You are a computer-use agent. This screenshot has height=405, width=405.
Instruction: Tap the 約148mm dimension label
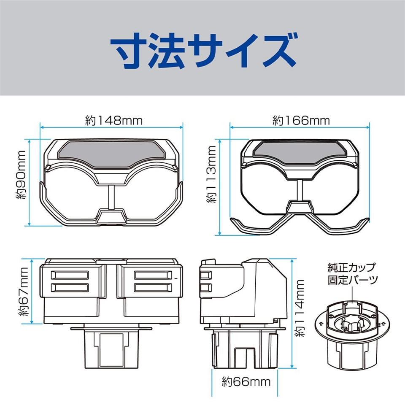114,121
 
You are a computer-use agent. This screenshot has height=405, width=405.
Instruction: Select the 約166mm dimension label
301,121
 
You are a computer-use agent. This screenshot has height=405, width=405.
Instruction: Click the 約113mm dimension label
211,174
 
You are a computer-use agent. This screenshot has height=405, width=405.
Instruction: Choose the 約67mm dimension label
23,292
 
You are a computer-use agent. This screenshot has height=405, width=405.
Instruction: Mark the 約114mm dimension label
300,308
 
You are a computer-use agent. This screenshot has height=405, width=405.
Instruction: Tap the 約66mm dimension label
246,382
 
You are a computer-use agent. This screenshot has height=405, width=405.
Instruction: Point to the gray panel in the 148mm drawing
111,153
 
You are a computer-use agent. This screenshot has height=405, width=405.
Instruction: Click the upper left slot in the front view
70,275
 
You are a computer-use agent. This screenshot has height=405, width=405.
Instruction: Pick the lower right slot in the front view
153,288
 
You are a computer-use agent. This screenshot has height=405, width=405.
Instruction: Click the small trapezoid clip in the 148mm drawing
111,216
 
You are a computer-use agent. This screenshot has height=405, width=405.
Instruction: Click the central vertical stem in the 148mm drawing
111,197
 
